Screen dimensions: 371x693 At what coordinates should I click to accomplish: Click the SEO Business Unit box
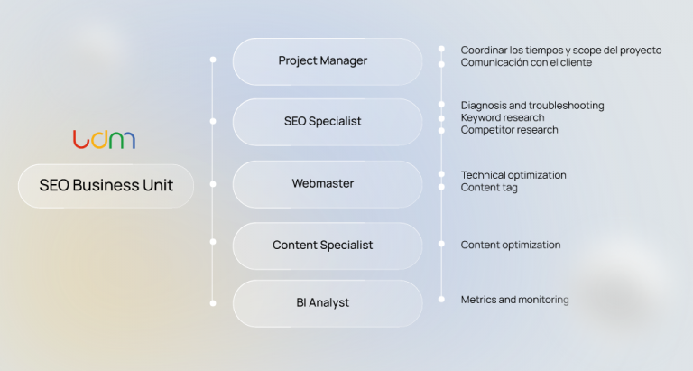[x=106, y=186]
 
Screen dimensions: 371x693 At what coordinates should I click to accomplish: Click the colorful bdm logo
[x=105, y=140]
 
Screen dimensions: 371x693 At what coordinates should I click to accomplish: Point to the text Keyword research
[x=502, y=118]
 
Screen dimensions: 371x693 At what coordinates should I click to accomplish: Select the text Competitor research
[x=509, y=130]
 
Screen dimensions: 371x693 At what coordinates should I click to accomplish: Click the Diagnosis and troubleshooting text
[x=531, y=106]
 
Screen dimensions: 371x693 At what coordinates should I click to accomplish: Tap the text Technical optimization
[x=513, y=175]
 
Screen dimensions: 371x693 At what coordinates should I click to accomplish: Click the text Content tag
[x=489, y=188]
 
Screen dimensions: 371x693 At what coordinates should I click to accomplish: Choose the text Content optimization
[x=510, y=245]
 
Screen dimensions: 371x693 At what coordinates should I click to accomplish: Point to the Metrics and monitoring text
[x=514, y=300]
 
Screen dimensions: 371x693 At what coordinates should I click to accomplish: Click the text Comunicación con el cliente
[x=526, y=63]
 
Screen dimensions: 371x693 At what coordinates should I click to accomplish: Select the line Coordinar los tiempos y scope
[x=560, y=51]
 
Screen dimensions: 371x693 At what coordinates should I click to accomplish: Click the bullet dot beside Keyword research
[x=441, y=118]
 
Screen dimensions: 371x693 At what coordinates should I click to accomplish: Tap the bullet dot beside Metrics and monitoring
[x=441, y=299]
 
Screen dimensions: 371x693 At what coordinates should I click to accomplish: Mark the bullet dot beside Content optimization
[x=441, y=245]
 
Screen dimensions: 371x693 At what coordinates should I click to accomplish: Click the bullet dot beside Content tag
[x=441, y=188]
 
